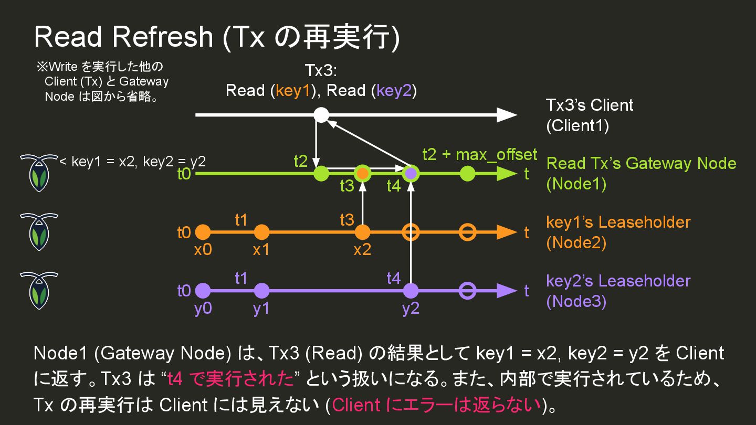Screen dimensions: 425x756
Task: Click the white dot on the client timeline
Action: pyautogui.click(x=321, y=114)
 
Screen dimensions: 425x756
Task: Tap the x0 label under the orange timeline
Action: pyautogui.click(x=203, y=250)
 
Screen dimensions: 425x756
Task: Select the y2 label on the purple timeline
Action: pyautogui.click(x=411, y=309)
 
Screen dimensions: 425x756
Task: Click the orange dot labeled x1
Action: pyautogui.click(x=261, y=232)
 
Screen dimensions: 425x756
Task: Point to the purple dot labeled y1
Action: pyautogui.click(x=261, y=291)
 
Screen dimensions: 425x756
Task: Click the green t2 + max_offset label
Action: pyautogui.click(x=479, y=154)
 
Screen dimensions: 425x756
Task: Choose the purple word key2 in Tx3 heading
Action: pyautogui.click(x=393, y=91)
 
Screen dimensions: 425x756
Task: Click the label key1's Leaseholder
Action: pyautogui.click(x=618, y=222)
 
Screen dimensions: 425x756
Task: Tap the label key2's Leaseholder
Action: pyautogui.click(x=618, y=281)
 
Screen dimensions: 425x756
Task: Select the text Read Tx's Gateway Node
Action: pyautogui.click(x=641, y=163)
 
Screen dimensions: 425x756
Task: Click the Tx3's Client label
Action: pyautogui.click(x=590, y=105)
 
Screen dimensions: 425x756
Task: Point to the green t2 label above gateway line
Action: pyautogui.click(x=300, y=161)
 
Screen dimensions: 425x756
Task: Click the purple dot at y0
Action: pyautogui.click(x=203, y=291)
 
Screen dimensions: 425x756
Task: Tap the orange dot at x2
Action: pyautogui.click(x=362, y=232)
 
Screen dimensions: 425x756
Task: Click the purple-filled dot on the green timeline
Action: pyautogui.click(x=411, y=173)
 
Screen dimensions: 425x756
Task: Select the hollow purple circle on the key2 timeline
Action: pyautogui.click(x=467, y=291)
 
